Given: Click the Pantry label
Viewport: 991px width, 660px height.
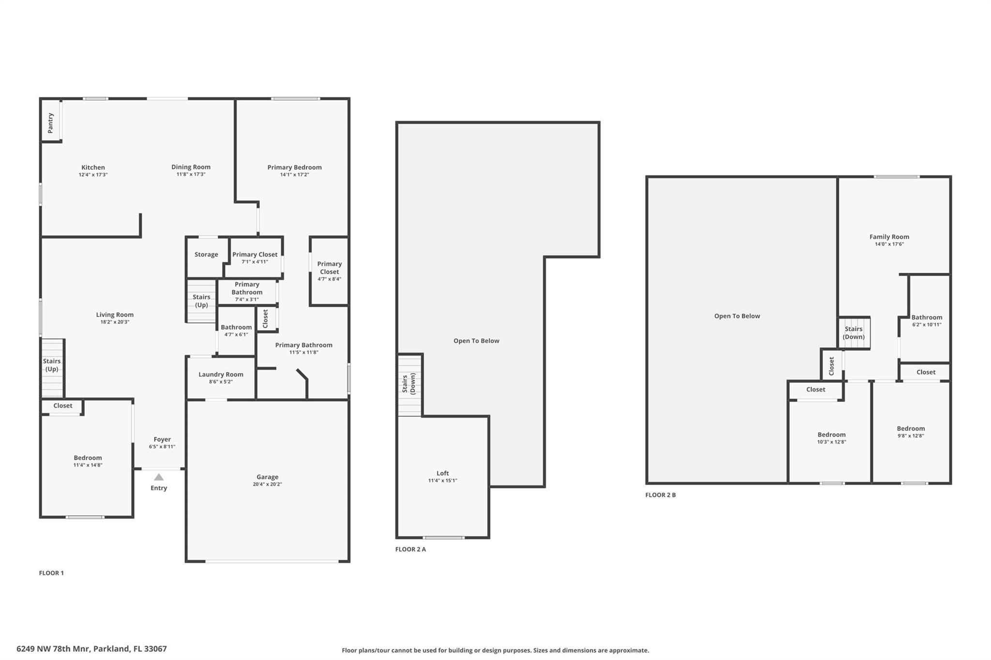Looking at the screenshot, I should point(50,123).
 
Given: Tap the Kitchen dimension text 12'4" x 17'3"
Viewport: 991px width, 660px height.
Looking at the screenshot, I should point(93,175).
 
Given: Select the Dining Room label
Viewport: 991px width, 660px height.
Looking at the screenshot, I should point(191,167).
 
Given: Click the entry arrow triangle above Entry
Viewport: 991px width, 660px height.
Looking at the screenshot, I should point(159,477).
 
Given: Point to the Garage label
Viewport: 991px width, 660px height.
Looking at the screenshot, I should point(267,477).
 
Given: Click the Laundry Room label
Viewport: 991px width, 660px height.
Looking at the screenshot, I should point(221,374).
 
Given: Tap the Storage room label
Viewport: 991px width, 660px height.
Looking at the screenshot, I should point(206,254).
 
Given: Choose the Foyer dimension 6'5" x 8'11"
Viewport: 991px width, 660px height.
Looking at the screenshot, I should point(162,447).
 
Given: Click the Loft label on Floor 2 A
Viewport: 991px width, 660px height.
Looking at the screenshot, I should point(442,473).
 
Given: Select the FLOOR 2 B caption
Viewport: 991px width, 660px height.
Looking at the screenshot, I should point(660,495).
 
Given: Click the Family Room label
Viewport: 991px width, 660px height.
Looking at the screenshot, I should point(889,236).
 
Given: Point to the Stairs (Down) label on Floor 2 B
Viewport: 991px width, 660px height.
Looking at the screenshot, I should point(854,333).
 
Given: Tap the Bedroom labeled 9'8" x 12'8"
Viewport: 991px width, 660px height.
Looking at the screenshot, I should point(910,428).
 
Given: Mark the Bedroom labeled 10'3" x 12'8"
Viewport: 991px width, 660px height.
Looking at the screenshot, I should point(831,435).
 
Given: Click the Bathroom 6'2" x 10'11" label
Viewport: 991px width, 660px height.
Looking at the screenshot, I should point(927,318).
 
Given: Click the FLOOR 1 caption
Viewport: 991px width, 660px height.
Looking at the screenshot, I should point(51,573).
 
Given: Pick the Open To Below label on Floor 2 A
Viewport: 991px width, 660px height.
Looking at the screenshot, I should point(476,341).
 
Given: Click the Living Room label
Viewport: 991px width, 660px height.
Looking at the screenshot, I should point(114,315).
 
